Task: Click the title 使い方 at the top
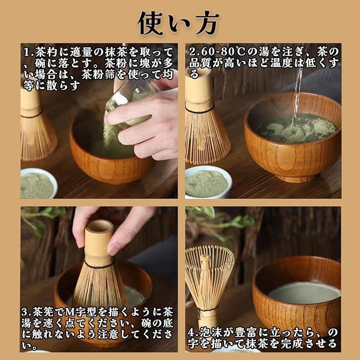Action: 178,23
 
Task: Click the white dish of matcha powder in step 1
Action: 38,184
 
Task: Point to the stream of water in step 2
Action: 298,92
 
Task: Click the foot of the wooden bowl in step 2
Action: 296,178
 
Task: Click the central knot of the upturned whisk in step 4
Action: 205,260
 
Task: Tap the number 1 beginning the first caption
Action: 27,52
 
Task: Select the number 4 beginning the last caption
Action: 191,333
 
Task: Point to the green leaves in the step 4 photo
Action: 220,220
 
